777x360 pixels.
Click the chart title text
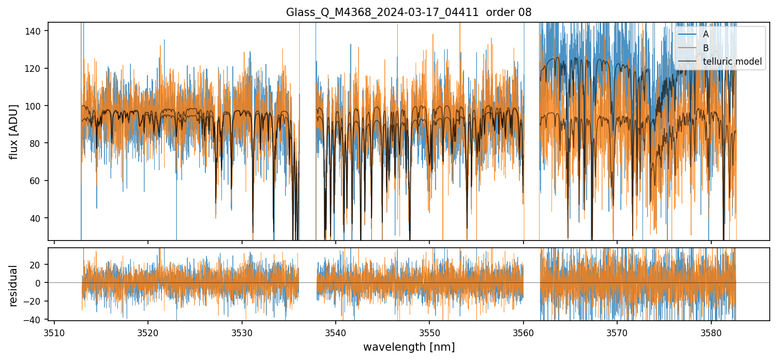pyautogui.click(x=409, y=12)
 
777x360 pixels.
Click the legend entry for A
pyautogui.click(x=706, y=34)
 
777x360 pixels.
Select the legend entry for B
pyautogui.click(x=706, y=48)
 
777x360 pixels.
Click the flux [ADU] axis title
pyautogui.click(x=14, y=131)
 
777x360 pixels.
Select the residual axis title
pyautogui.click(x=14, y=286)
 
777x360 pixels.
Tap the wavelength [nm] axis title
pyautogui.click(x=409, y=347)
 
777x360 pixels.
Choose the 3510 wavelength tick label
pyautogui.click(x=54, y=332)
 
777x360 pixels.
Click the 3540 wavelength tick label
pyautogui.click(x=336, y=332)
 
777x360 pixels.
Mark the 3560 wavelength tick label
pyautogui.click(x=524, y=332)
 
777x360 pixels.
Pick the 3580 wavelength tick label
pyautogui.click(x=711, y=332)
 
